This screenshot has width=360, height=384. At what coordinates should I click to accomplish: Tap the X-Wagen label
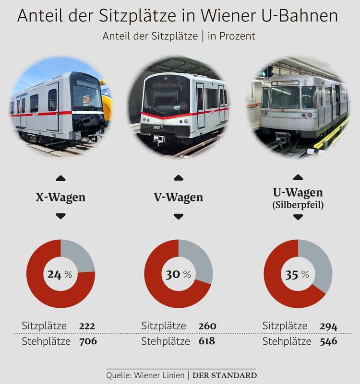60,197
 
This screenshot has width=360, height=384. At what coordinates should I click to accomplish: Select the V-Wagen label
179,197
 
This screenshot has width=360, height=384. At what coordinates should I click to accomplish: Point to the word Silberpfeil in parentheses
298,205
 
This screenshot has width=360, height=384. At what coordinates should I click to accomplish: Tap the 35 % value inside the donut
298,275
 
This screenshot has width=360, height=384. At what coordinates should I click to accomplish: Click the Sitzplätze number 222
87,326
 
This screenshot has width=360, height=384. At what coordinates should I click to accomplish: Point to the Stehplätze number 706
88,341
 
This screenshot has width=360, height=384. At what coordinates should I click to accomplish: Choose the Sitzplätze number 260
207,326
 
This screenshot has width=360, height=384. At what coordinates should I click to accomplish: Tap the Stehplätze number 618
206,341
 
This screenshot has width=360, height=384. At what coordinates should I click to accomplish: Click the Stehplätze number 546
328,342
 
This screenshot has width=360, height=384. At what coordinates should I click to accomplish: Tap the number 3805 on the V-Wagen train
157,128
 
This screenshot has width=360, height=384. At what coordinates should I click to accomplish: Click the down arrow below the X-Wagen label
60,217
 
